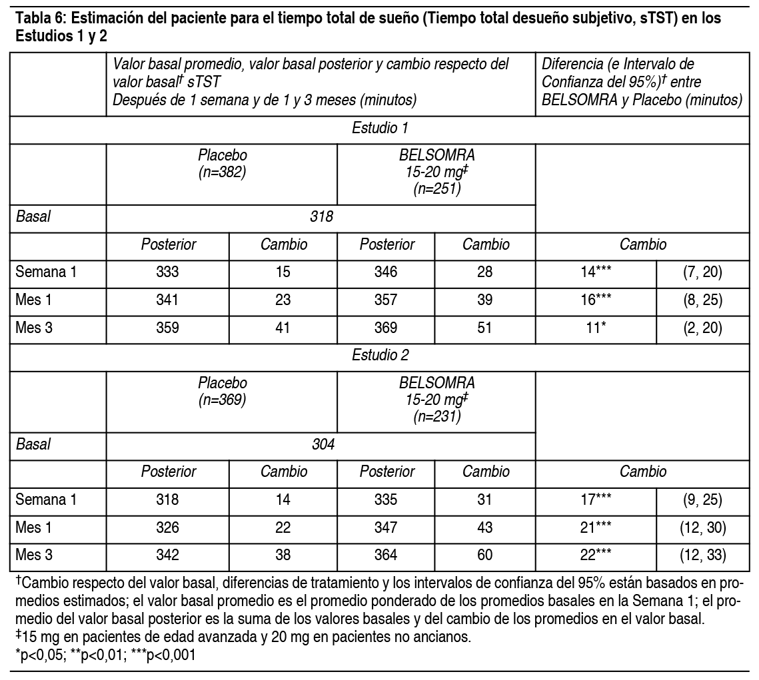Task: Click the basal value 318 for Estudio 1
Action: click(321, 216)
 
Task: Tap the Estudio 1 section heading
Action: click(379, 128)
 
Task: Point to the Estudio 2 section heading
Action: click(379, 355)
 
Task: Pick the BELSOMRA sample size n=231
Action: click(436, 417)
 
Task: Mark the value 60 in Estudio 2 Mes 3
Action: click(485, 555)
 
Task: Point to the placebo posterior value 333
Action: click(167, 272)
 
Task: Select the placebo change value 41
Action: click(283, 328)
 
